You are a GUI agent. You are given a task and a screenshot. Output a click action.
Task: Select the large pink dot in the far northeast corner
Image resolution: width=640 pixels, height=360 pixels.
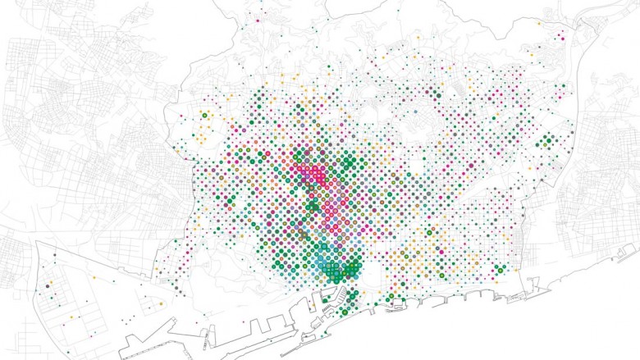click(x=562, y=37)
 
